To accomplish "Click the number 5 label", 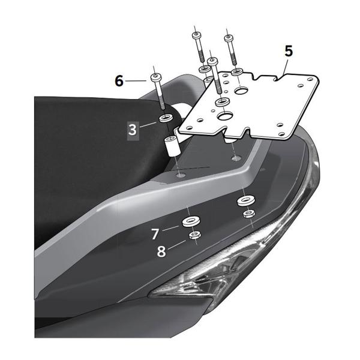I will [289, 52].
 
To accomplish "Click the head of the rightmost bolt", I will [227, 38].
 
